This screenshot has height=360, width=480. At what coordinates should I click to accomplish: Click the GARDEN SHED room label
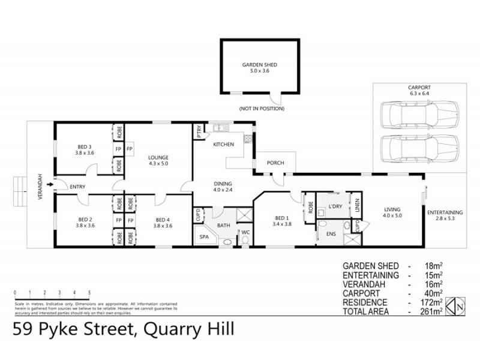pyautogui.click(x=259, y=67)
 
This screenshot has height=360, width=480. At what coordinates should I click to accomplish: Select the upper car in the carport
pyautogui.click(x=419, y=113)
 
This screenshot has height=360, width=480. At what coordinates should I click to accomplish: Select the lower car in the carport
pyautogui.click(x=419, y=147)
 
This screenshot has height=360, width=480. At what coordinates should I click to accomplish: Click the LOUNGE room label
pyautogui.click(x=158, y=158)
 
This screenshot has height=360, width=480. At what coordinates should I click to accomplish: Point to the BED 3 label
pyautogui.click(x=84, y=150)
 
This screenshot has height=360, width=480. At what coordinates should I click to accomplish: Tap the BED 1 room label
pyautogui.click(x=282, y=220)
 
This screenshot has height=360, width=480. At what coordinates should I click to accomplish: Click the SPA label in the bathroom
pyautogui.click(x=204, y=237)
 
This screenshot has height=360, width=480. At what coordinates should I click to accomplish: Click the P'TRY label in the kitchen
pyautogui.click(x=199, y=131)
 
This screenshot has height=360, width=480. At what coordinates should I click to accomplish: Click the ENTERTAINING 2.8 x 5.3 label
pyautogui.click(x=445, y=215)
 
